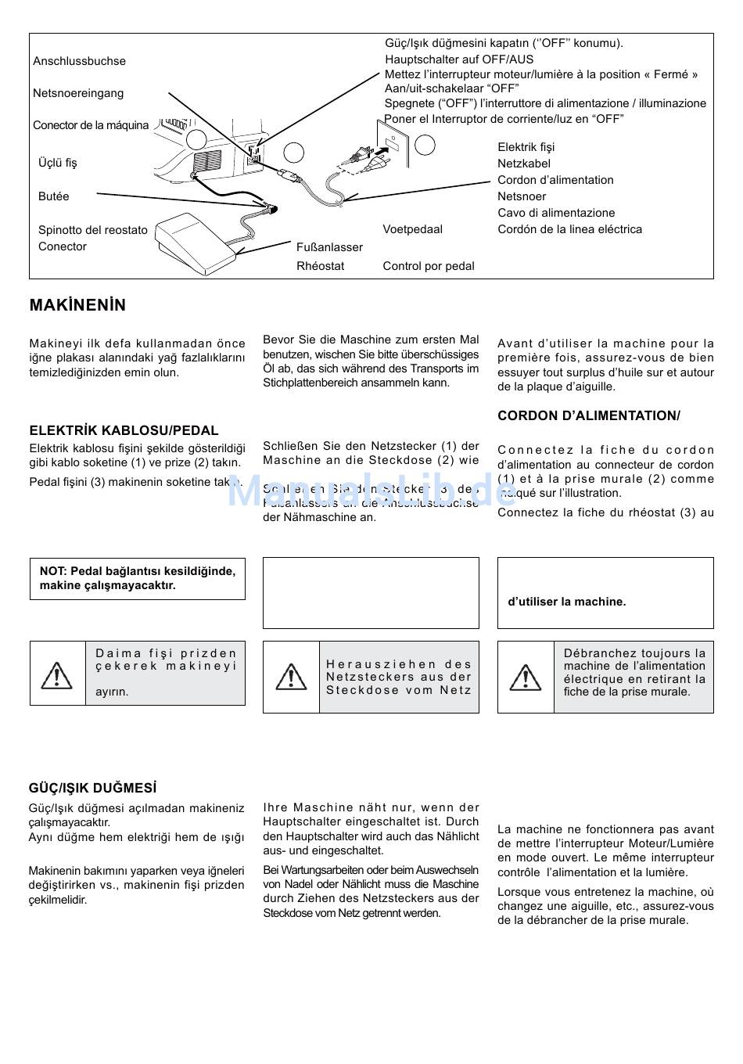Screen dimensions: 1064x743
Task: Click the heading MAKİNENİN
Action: coord(77,306)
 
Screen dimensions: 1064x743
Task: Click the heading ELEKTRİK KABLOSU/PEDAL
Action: coord(124,430)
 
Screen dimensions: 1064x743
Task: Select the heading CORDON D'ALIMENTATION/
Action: coord(588,416)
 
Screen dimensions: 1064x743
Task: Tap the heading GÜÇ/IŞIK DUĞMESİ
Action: coord(92,789)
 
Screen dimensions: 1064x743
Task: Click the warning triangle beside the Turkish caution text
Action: coord(56,674)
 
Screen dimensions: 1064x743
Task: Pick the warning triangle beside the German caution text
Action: coord(291,677)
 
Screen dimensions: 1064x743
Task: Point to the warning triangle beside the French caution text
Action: coord(526,678)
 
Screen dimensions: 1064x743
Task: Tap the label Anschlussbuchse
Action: coord(79,61)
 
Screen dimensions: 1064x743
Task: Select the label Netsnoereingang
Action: coord(78,93)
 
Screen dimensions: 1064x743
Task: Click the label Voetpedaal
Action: coord(412,229)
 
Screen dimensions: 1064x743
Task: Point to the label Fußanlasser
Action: coord(329,247)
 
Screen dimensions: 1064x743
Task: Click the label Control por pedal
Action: coord(429,266)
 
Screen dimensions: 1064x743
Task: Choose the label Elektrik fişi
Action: coord(526,147)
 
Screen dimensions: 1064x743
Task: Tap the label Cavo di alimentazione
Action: coord(556,213)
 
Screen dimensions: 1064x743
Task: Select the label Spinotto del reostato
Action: coord(92,230)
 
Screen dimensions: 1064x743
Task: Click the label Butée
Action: coord(53,196)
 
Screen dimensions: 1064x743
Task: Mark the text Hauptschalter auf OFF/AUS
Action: coord(459,59)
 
